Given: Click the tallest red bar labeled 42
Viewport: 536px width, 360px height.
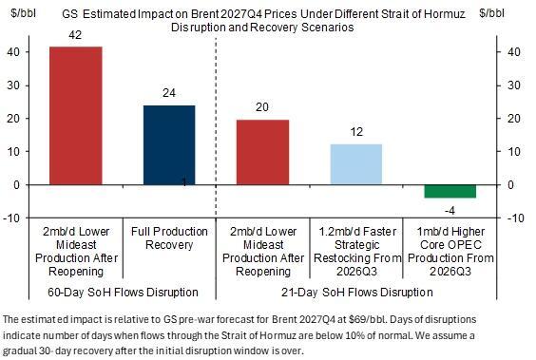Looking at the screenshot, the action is click(x=76, y=116).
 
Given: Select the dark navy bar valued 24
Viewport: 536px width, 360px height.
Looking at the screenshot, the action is click(x=169, y=145).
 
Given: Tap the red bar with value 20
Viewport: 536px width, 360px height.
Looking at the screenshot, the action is click(x=263, y=152).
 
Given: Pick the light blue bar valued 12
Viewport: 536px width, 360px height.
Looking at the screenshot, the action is click(x=356, y=164).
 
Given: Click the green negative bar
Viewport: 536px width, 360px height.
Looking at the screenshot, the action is click(x=450, y=191).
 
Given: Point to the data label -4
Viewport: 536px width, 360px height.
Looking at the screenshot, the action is click(x=450, y=211).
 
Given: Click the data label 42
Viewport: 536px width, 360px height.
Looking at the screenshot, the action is click(x=75, y=35).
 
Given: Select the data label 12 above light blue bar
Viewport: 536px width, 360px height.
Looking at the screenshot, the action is click(x=356, y=132).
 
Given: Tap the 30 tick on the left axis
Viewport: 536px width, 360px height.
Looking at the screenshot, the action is click(x=13, y=85).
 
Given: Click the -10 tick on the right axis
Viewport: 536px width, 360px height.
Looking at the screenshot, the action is click(x=516, y=218).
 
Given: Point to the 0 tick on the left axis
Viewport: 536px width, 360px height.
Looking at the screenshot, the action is click(x=17, y=185).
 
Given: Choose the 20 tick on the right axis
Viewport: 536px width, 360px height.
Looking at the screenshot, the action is click(x=514, y=119).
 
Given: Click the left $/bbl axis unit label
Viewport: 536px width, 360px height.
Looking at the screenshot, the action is click(x=23, y=13).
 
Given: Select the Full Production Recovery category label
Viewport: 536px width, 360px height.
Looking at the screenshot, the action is click(x=169, y=238).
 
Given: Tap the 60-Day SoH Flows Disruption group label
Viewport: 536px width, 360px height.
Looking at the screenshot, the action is click(x=123, y=293).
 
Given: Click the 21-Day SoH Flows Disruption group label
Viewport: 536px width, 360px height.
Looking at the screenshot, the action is click(x=357, y=293).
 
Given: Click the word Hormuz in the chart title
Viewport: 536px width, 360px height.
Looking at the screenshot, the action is click(x=445, y=14).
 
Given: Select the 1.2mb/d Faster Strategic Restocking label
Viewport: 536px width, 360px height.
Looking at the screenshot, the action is click(x=357, y=252).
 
